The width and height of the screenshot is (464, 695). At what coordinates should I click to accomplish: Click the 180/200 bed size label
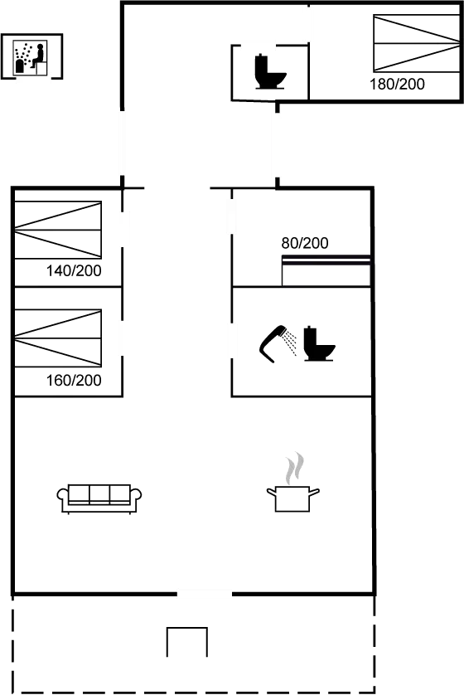397,84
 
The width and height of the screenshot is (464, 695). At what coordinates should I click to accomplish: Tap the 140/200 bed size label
74,270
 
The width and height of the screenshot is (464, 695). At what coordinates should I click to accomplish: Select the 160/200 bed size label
74,381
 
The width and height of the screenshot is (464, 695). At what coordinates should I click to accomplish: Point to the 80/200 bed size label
305,243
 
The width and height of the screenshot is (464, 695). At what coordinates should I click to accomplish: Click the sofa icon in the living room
99,499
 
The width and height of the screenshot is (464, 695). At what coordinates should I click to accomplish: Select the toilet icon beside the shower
319,343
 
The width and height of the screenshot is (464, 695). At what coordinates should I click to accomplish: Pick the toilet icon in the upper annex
270,71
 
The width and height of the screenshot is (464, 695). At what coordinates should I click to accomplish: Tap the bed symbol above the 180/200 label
417,43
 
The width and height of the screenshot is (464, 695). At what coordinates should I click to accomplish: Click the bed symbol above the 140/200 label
58,230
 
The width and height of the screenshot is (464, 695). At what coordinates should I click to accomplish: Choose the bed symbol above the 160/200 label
58,338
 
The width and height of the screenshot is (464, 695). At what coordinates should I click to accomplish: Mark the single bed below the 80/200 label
326,271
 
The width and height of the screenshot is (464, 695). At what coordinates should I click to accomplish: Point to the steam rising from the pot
294,469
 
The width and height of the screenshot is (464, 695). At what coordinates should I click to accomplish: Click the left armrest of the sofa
63,498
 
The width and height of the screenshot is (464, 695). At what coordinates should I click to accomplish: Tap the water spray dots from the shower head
291,343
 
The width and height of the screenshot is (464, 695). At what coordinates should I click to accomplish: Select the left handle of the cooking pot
271,492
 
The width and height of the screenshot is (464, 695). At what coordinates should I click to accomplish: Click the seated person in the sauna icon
38,56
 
